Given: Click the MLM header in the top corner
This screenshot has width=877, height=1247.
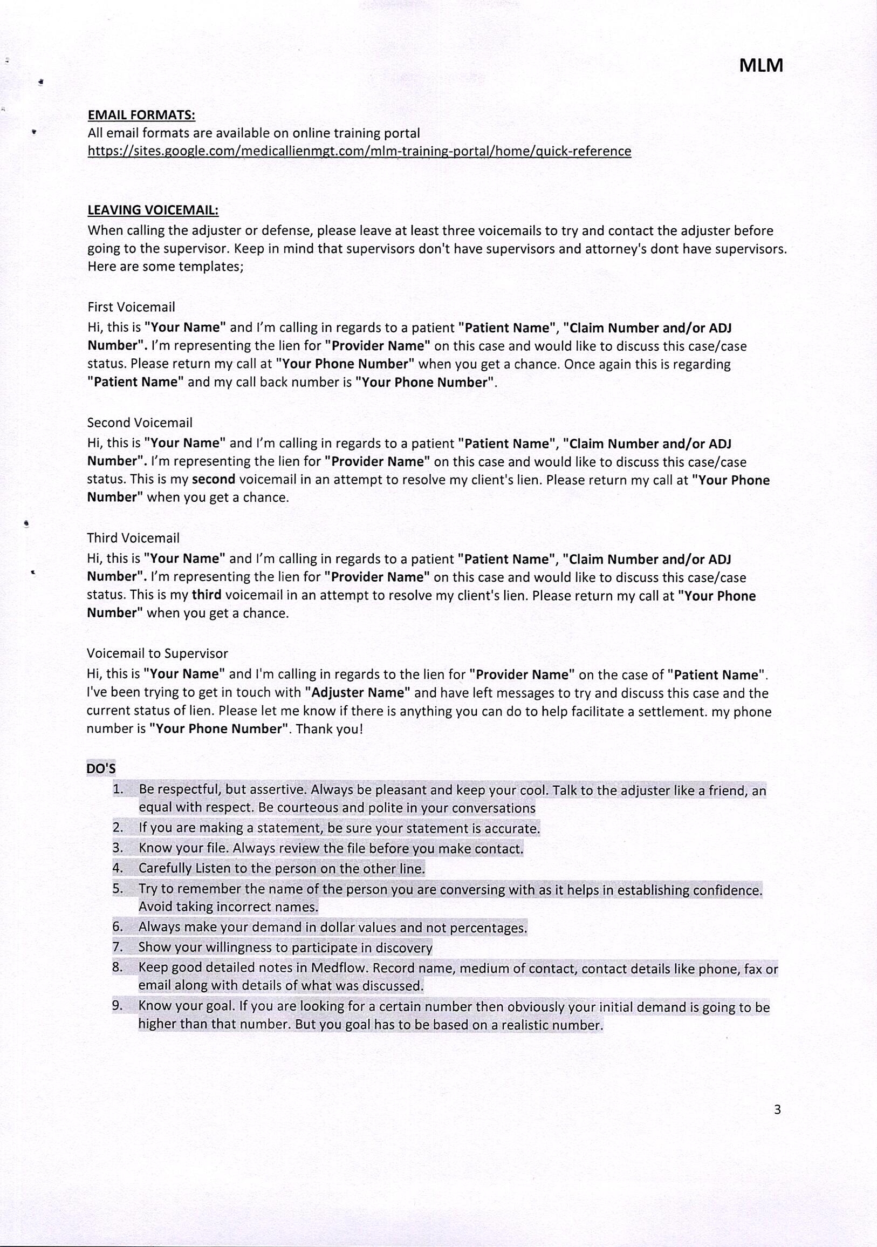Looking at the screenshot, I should [x=761, y=66].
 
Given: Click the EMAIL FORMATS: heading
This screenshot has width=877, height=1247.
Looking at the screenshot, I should [x=141, y=115].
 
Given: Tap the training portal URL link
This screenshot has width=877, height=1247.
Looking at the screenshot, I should [x=359, y=151].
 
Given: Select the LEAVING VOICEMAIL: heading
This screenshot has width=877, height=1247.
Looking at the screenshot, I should [x=153, y=210].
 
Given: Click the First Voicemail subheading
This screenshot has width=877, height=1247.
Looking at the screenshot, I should [x=131, y=307].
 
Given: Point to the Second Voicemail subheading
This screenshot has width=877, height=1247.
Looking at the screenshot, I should [x=140, y=423].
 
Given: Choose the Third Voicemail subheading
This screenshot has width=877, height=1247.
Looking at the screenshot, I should [x=133, y=537].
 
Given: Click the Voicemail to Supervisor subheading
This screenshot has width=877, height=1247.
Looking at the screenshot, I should [x=157, y=653].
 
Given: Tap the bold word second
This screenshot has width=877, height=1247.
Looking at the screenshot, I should [x=214, y=480].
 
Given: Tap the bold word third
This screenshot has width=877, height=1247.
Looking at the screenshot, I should [x=207, y=595].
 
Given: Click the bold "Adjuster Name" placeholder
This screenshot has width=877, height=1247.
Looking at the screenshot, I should [x=357, y=693].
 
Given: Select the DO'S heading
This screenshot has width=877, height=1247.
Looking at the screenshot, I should [x=100, y=768].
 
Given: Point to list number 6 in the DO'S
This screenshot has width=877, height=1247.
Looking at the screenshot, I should [x=118, y=927].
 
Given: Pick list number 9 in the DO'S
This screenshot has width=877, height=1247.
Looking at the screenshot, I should [x=118, y=1005].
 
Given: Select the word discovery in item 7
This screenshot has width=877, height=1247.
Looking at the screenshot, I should [x=404, y=948].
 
